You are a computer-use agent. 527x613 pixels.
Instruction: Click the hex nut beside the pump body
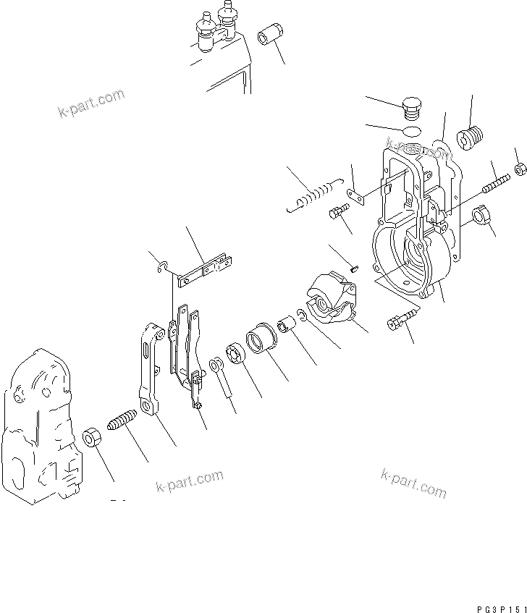pos(92,437)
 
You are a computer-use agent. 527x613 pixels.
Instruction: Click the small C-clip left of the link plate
pos(164,269)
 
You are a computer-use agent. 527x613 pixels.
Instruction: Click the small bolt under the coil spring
pos(339,213)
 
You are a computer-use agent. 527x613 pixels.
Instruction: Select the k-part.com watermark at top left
pos(90,103)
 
